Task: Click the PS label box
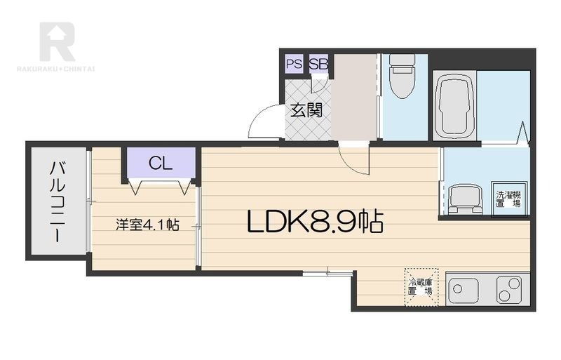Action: click(x=295, y=64)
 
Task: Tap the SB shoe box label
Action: click(x=318, y=64)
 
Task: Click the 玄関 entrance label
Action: click(x=306, y=110)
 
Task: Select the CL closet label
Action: click(x=161, y=164)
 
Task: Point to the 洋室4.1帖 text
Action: click(x=147, y=225)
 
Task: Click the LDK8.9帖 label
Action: click(x=315, y=222)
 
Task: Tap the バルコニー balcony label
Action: click(x=58, y=202)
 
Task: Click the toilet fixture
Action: click(x=402, y=76)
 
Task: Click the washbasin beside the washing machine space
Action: click(x=465, y=199)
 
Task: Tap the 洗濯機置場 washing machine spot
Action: click(x=508, y=199)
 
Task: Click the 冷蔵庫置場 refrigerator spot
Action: click(x=421, y=287)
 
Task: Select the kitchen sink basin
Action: click(x=464, y=288)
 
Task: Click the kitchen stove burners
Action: click(x=509, y=290)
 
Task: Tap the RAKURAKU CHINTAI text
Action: click(x=56, y=68)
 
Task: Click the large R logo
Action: click(x=58, y=41)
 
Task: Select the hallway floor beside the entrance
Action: click(x=353, y=97)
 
